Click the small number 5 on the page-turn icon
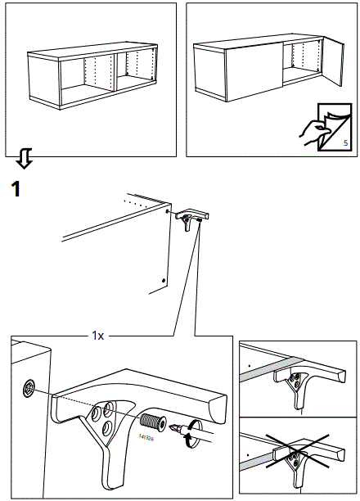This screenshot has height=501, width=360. click(344, 144)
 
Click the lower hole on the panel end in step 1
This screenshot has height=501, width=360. click(164, 280)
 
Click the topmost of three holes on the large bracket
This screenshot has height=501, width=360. click(110, 405)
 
